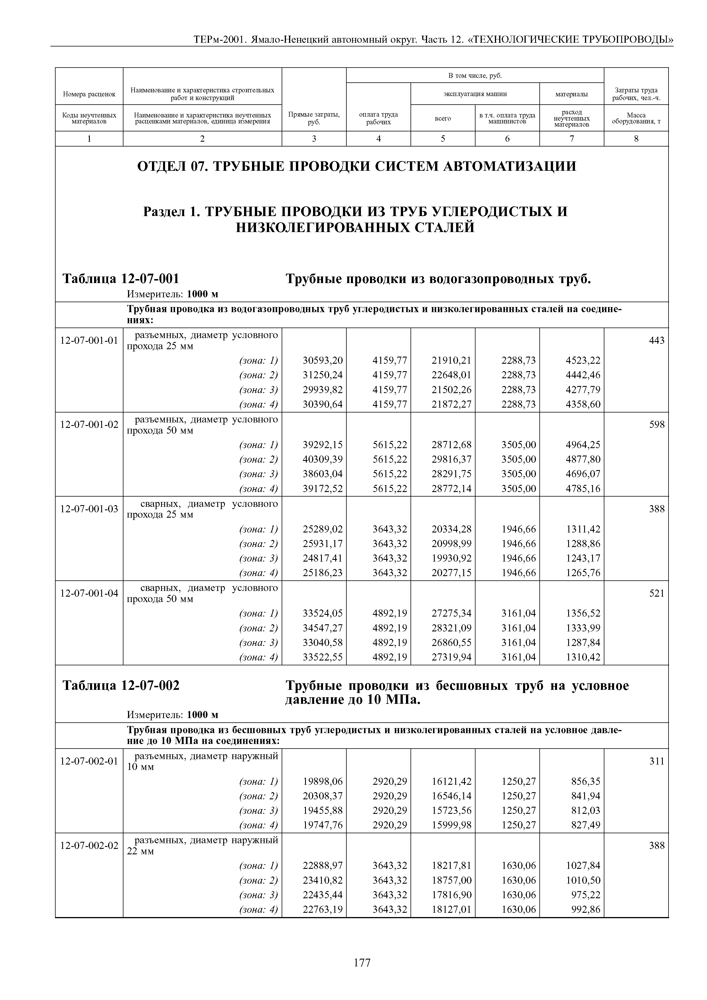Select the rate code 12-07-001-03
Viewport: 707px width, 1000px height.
(x=89, y=509)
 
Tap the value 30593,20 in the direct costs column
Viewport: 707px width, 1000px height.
(x=322, y=360)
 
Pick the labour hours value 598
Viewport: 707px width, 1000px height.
(x=657, y=424)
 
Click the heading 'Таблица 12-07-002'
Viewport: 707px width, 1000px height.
(x=121, y=686)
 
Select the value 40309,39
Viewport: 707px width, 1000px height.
(x=322, y=459)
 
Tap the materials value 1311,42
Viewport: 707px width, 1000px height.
(x=583, y=529)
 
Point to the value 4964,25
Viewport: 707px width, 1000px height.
(x=583, y=445)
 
